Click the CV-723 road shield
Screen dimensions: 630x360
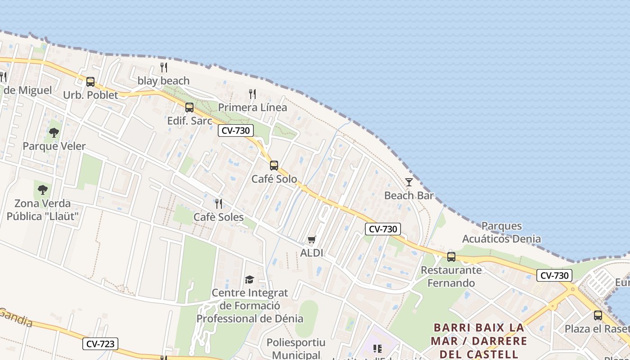click(100, 344)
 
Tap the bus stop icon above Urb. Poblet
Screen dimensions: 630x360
click(90, 81)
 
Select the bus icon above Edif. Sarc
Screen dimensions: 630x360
click(189, 108)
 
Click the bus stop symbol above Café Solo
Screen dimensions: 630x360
click(274, 166)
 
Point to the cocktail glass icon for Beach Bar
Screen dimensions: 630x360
click(409, 182)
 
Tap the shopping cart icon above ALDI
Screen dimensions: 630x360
click(312, 239)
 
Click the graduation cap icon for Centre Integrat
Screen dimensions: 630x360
click(249, 280)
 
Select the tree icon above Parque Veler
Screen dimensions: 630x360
click(54, 133)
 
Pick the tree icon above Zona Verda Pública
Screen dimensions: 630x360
click(43, 190)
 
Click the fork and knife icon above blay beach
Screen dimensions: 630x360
click(164, 67)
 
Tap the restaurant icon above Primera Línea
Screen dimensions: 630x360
click(252, 94)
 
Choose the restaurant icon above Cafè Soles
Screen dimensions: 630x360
click(219, 204)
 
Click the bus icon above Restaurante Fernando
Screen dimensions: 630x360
click(451, 257)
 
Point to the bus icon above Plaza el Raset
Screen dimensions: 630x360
click(598, 315)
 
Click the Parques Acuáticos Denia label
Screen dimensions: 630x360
click(501, 232)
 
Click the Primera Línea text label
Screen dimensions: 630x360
click(252, 108)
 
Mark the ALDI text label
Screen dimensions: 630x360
click(312, 253)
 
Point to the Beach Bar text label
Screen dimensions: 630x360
click(409, 195)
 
